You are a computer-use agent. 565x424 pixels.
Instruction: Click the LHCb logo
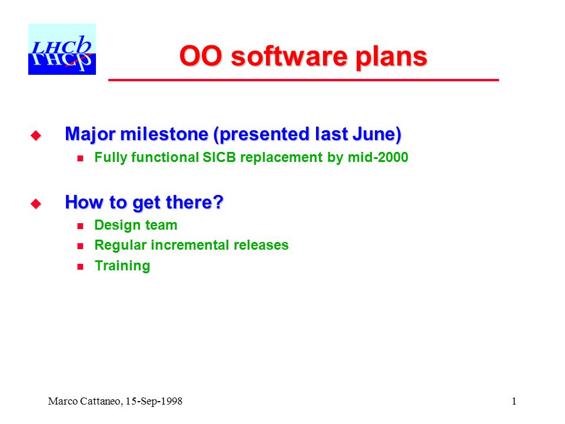[x=62, y=49]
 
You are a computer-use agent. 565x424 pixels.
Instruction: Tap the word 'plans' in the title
[x=391, y=58]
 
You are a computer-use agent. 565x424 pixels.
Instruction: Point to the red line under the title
[x=304, y=80]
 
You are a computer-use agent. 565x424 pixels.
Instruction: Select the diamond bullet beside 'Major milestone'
[x=36, y=135]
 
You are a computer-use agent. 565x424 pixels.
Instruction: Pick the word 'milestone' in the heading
[x=164, y=134]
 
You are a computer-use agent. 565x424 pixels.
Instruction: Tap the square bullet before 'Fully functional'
[x=81, y=158]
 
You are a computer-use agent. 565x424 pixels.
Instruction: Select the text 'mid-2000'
[x=378, y=157]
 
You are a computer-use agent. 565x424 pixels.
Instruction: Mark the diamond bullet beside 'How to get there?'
[x=36, y=204]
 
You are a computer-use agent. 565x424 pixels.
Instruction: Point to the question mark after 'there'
[x=219, y=202]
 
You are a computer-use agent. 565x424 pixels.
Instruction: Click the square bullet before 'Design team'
[x=81, y=226]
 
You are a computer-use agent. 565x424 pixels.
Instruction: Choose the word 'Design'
[x=118, y=226]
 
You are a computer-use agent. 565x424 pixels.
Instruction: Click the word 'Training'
[x=122, y=266]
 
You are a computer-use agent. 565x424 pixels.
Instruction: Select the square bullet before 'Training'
[x=81, y=267]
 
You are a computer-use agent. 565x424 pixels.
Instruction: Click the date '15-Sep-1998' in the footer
[x=154, y=401]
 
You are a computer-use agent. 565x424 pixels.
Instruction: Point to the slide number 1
[x=514, y=401]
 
